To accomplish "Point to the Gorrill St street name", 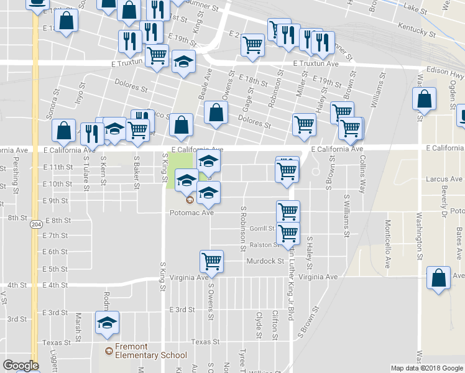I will click(262, 229).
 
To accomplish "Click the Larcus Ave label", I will click(441, 179).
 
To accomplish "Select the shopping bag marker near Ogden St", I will click(423, 99).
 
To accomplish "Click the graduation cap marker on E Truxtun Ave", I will click(184, 62).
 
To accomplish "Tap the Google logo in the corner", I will click(21, 366).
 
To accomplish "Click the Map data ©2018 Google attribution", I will click(426, 368).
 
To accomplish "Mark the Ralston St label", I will click(262, 245).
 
